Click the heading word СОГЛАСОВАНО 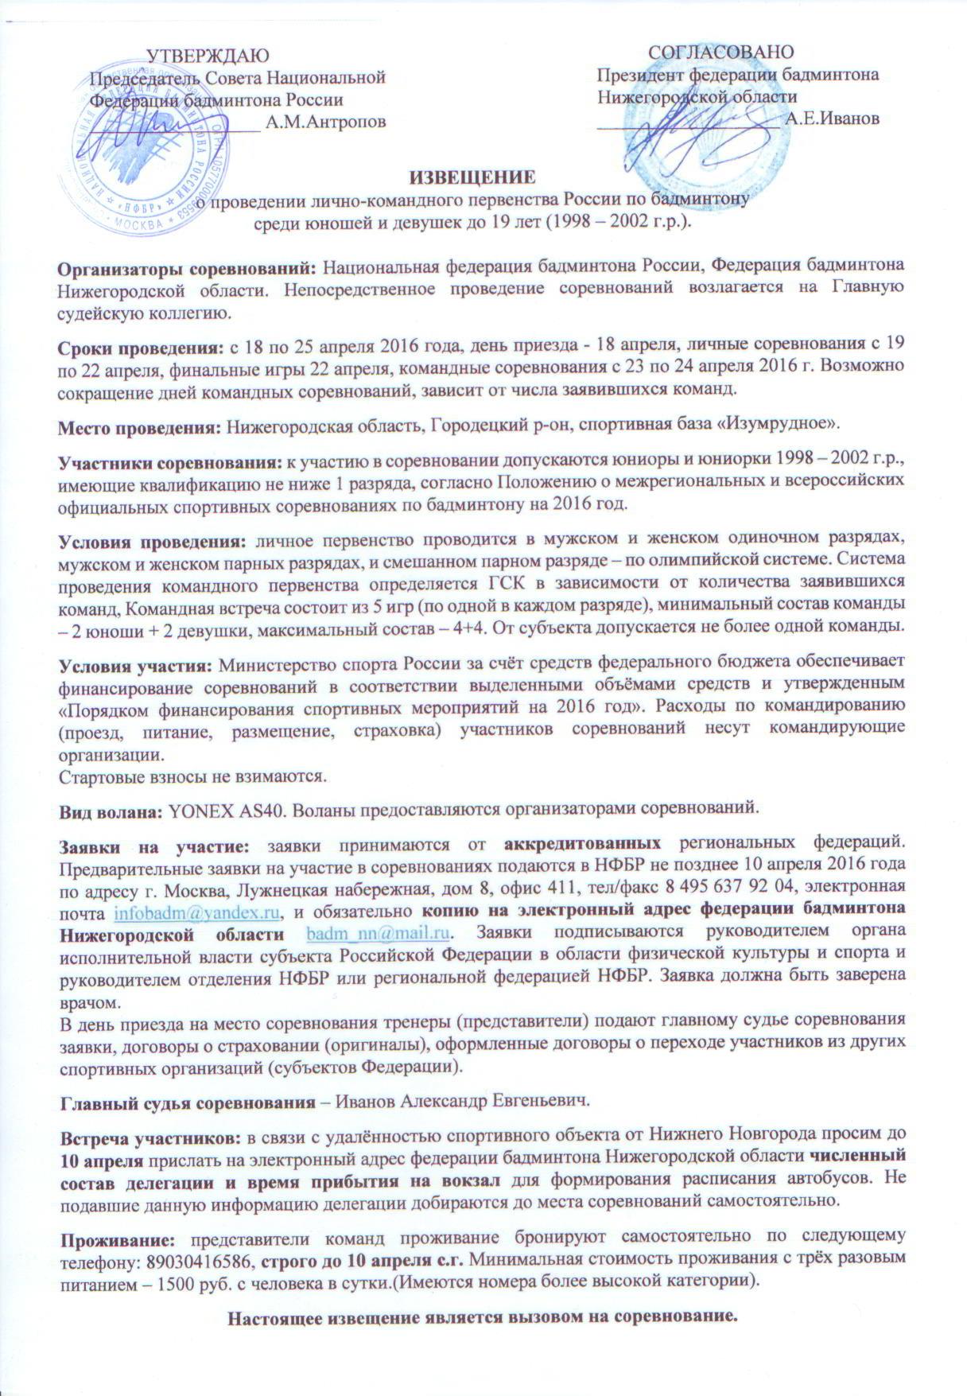[720, 52]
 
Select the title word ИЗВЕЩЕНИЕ [472, 177]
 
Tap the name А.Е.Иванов [832, 119]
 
